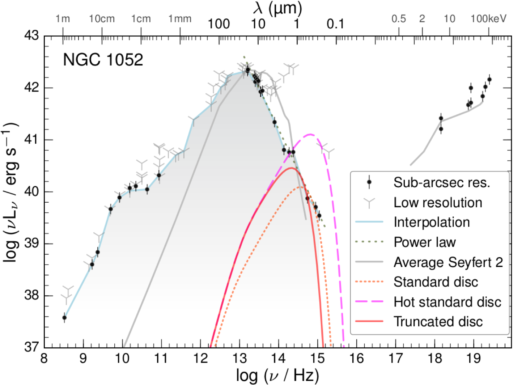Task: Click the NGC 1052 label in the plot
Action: [x=103, y=60]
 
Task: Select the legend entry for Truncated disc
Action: [x=438, y=321]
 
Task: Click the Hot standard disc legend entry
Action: [x=447, y=302]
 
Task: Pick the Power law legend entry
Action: [x=424, y=242]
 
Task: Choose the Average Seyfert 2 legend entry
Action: [x=448, y=262]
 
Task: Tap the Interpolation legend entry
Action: [x=431, y=222]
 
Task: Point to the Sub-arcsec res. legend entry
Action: [x=441, y=182]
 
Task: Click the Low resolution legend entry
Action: [x=437, y=202]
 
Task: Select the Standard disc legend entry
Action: [x=436, y=282]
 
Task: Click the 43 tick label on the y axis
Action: [x=31, y=36]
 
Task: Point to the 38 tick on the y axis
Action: [x=31, y=296]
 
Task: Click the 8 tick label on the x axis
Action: [x=44, y=358]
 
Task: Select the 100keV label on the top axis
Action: [x=488, y=19]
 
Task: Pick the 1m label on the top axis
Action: [x=63, y=19]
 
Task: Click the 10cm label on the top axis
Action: [x=102, y=19]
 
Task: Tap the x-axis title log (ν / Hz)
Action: [x=277, y=376]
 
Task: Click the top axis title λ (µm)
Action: [x=277, y=8]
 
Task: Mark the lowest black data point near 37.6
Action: [x=64, y=318]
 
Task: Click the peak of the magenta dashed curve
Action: [x=310, y=135]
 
